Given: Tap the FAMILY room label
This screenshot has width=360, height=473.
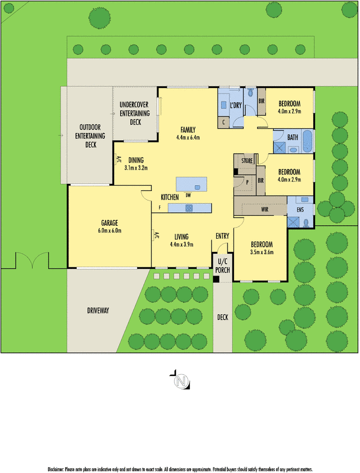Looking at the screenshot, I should pyautogui.click(x=188, y=130).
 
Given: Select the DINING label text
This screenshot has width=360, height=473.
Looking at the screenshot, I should pyautogui.click(x=136, y=160).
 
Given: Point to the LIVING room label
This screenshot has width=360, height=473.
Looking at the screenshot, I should pyautogui.click(x=181, y=237).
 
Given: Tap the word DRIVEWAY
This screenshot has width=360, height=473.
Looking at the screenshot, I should pyautogui.click(x=98, y=310).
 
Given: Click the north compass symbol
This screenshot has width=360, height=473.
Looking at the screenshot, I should pyautogui.click(x=180, y=381).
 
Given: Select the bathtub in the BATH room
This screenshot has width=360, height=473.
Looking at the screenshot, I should pyautogui.click(x=308, y=142).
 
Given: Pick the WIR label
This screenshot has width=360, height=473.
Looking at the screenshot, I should pyautogui.click(x=265, y=209).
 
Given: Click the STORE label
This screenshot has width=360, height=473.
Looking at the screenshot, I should pyautogui.click(x=247, y=160).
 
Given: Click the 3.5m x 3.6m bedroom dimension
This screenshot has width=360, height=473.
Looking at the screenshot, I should pyautogui.click(x=261, y=252).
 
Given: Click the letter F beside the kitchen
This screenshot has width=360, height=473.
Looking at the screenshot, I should pyautogui.click(x=160, y=208).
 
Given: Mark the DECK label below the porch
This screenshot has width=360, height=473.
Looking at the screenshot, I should pyautogui.click(x=222, y=318).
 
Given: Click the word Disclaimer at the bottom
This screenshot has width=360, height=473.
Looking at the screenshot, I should pyautogui.click(x=59, y=468).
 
